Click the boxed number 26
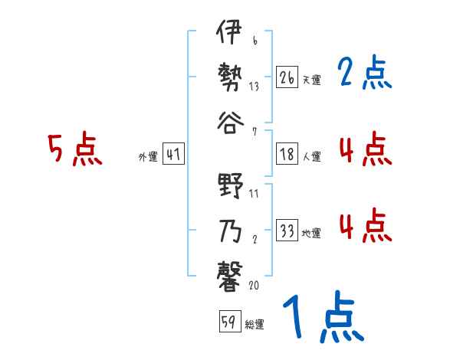click(287, 77)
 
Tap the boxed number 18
click(287, 155)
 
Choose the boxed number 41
click(173, 155)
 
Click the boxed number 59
click(228, 322)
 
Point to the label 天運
click(311, 79)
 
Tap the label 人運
click(311, 156)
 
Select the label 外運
click(148, 156)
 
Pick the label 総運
click(255, 323)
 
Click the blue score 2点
click(364, 74)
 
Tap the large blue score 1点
click(322, 318)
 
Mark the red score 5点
click(75, 149)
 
